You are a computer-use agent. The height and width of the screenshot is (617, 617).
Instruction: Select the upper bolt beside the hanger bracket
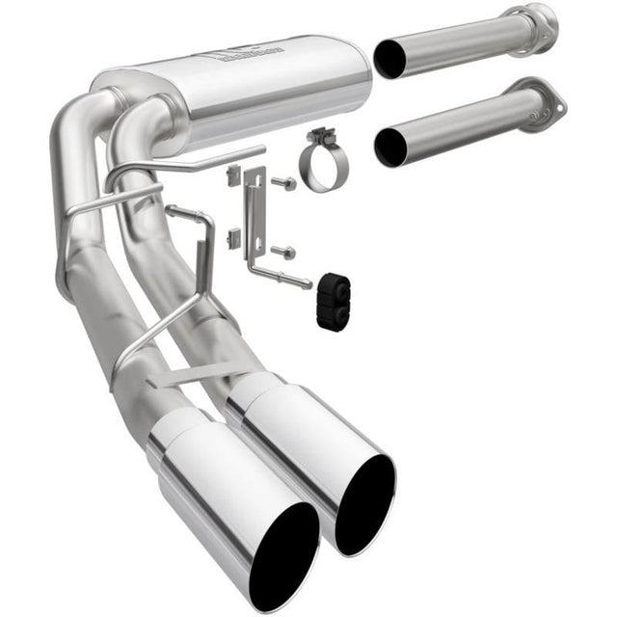pyautogui.click(x=286, y=182)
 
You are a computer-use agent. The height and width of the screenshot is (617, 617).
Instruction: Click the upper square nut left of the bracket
pyautogui.click(x=233, y=174)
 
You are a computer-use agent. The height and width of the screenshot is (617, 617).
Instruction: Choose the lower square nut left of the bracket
pyautogui.click(x=233, y=237)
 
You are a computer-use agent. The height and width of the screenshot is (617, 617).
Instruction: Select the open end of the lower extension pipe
pyautogui.click(x=390, y=147)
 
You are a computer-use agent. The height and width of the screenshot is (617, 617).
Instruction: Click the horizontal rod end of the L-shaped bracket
pyautogui.click(x=297, y=282)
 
